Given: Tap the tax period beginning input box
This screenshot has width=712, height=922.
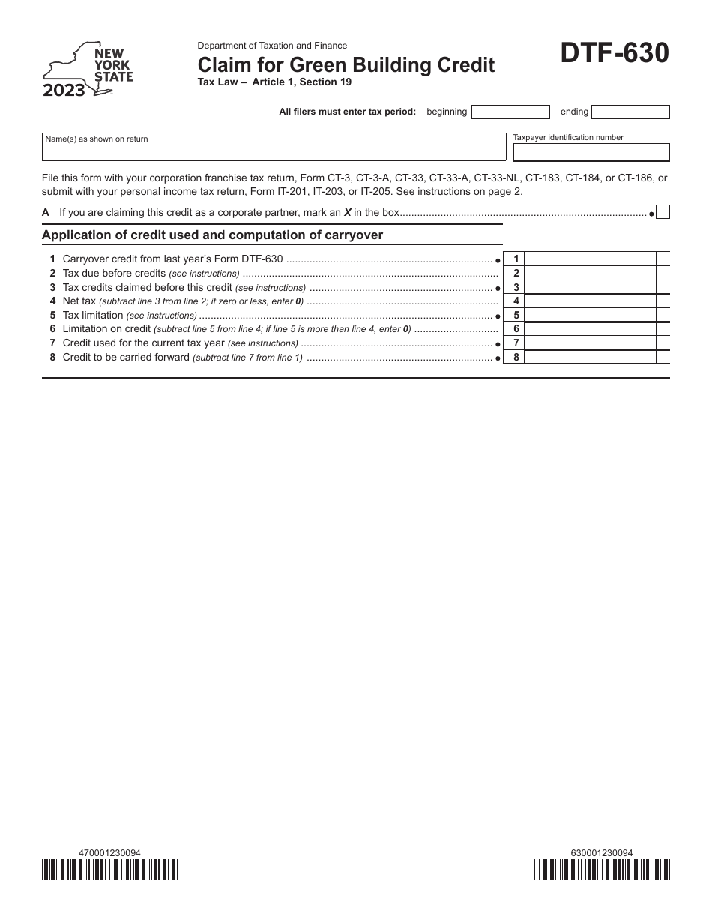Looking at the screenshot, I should [x=510, y=112].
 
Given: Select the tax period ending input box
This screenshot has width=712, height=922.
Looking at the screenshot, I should [x=630, y=112].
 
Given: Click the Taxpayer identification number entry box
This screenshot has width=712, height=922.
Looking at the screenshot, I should [x=591, y=152].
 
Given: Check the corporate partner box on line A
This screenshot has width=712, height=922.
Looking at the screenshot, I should [x=663, y=212].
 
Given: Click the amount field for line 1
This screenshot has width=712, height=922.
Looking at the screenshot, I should [x=589, y=259].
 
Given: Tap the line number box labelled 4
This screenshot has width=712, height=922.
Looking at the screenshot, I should [x=516, y=301].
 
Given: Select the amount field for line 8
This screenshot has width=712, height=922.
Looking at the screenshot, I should [x=589, y=358].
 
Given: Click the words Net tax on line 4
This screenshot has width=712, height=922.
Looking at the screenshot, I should [x=79, y=301].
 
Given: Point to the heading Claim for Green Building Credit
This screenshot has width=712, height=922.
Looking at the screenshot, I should [x=346, y=65].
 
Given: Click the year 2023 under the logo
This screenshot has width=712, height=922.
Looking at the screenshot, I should [x=64, y=91].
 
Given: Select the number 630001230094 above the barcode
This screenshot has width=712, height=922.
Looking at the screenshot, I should [x=602, y=852].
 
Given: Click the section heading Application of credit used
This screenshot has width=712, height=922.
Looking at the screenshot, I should [x=212, y=235].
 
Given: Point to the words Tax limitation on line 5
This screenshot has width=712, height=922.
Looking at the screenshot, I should [x=93, y=316].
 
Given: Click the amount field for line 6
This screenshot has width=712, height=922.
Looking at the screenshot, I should [x=589, y=329].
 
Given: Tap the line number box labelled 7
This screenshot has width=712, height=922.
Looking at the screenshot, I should [x=516, y=343].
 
